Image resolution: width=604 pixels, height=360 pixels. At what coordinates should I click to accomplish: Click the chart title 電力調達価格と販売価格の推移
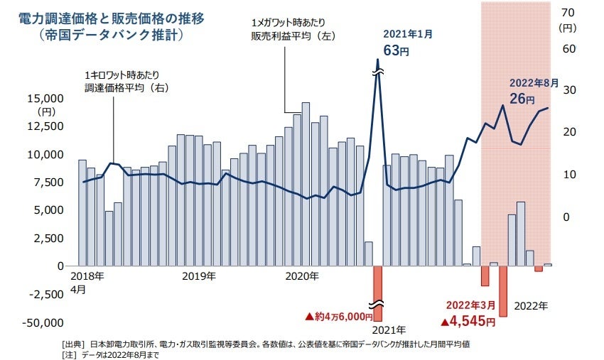[x=111, y=18]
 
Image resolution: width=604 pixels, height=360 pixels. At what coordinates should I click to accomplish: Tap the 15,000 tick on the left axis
[x=47, y=98]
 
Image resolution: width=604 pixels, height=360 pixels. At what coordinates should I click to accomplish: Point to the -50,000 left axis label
[x=45, y=323]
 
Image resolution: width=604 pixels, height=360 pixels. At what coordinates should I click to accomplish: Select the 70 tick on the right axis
[x=567, y=12]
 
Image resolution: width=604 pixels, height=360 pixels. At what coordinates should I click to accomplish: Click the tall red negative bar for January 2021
[x=377, y=293]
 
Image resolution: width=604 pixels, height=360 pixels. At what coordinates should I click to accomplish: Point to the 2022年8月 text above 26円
[x=534, y=83]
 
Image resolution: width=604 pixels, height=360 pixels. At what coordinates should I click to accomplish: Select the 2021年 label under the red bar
[x=388, y=330]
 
